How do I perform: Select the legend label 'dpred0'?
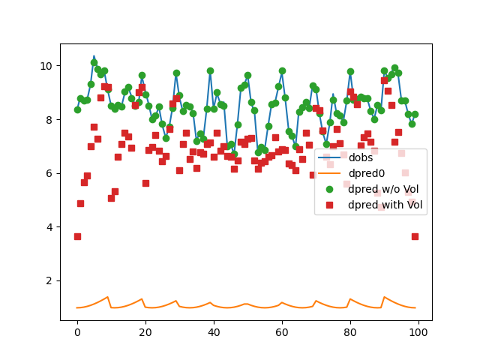367,172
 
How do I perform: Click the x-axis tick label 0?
77,332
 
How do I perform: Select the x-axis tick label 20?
145,332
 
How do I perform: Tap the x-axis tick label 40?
214,332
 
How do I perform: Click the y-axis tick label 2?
49,280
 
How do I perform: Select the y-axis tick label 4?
49,227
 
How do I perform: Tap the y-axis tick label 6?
49,173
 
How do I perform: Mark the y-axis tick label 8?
49,120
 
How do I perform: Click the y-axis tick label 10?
46,66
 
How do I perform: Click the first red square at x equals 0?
77,236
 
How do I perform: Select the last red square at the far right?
415,236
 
